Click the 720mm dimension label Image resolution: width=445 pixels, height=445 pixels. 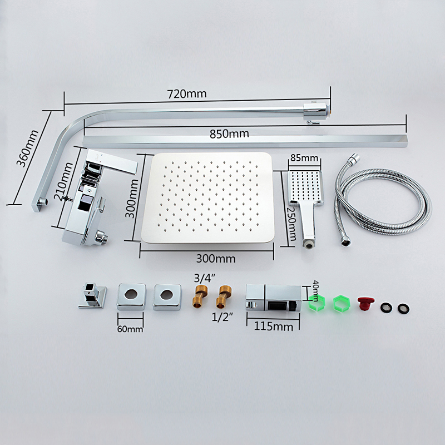187,94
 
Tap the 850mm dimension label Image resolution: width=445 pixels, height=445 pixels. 229,133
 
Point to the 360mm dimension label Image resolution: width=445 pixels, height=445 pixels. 27,148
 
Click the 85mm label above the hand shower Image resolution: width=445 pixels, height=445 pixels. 304,157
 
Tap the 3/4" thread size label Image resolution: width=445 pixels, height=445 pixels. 204,278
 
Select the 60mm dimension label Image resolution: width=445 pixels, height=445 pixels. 130,329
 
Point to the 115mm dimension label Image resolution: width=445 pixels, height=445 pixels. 273,327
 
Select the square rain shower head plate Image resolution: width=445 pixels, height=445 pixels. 207,198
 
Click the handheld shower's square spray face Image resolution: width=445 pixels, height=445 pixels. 305,187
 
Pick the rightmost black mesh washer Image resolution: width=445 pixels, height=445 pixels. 403,308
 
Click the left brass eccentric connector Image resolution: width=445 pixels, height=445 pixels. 201,297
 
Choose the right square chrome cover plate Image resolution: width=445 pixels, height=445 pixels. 166,296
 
